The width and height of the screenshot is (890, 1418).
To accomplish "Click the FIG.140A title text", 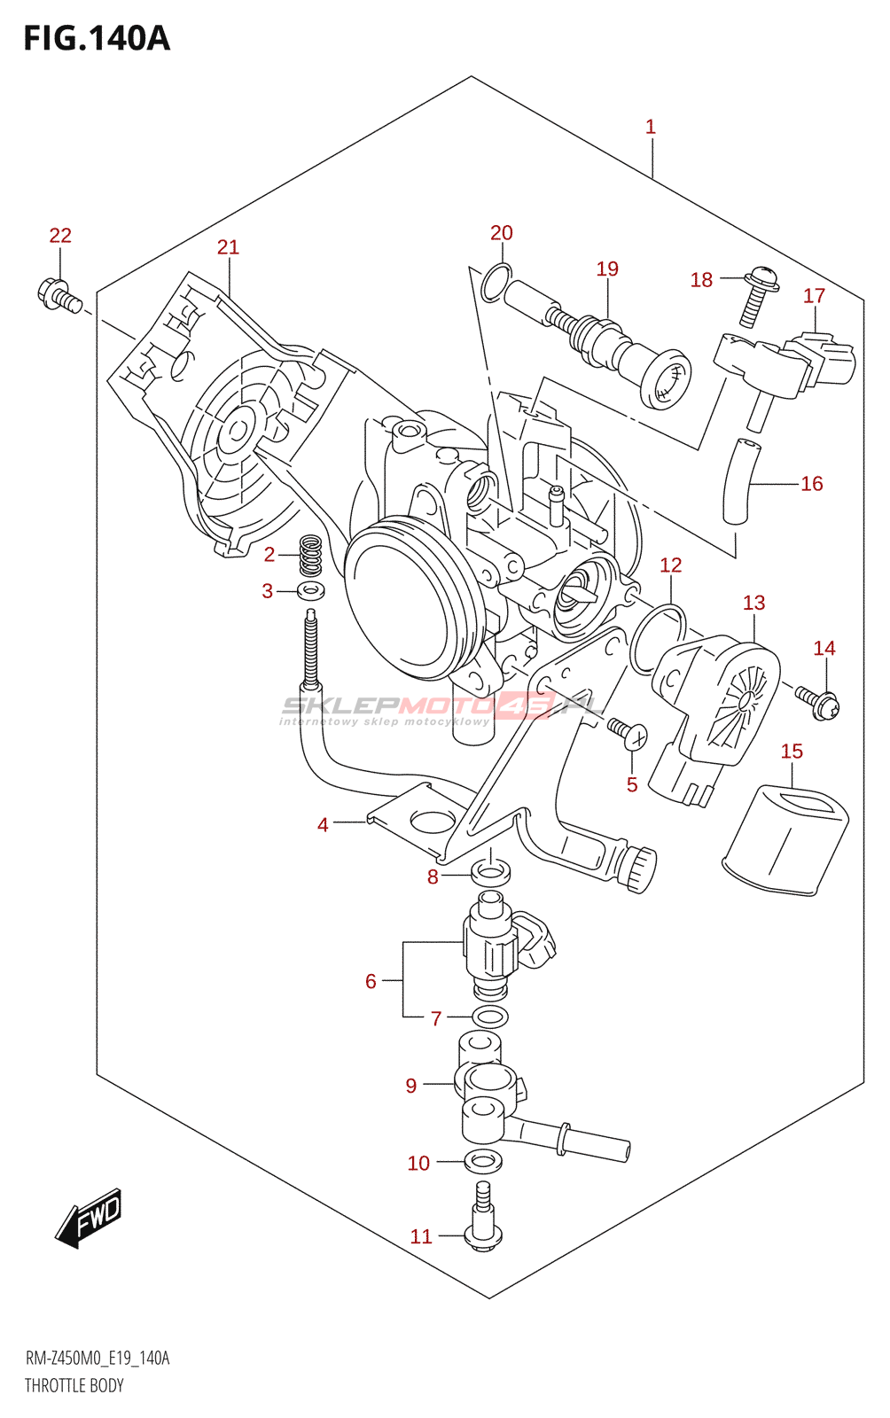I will pyautogui.click(x=96, y=38).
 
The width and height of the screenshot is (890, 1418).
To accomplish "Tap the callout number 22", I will pyautogui.click(x=60, y=235).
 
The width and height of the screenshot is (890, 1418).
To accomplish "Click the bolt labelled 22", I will pyautogui.click(x=59, y=295).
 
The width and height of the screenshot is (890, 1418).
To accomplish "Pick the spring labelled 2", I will pyautogui.click(x=310, y=556).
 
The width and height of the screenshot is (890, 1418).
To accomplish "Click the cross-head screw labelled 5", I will pyautogui.click(x=628, y=734).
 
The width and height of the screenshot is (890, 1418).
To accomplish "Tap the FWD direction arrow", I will pyautogui.click(x=89, y=1218).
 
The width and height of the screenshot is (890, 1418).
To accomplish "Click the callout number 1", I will pyautogui.click(x=651, y=127).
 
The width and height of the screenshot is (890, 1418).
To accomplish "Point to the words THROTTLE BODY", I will pyautogui.click(x=74, y=1385).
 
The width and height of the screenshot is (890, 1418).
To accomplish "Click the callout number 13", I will pyautogui.click(x=753, y=603).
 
